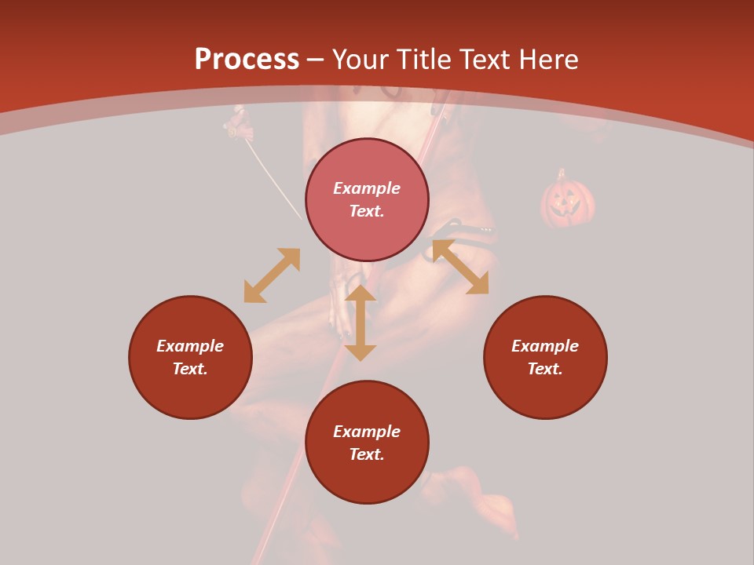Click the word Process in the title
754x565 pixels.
pyautogui.click(x=247, y=60)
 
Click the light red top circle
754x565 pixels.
pyautogui.click(x=367, y=200)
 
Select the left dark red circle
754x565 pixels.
pyautogui.click(x=190, y=357)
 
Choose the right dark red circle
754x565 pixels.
pyautogui.click(x=545, y=357)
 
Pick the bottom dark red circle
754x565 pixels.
pyautogui.click(x=367, y=443)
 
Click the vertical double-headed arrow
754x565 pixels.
pyautogui.click(x=361, y=323)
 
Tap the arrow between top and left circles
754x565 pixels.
pyautogui.click(x=272, y=275)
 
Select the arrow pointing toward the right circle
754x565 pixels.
pyautogui.click(x=460, y=267)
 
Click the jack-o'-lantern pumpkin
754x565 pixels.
pyautogui.click(x=567, y=200)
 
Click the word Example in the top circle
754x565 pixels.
pyautogui.click(x=367, y=188)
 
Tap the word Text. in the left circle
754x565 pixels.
pyautogui.click(x=190, y=369)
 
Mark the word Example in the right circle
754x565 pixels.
pyautogui.click(x=545, y=346)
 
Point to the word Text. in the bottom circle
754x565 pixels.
pyautogui.click(x=367, y=454)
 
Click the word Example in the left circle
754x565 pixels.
pyautogui.click(x=190, y=346)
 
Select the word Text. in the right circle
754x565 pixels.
pyautogui.click(x=545, y=369)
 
